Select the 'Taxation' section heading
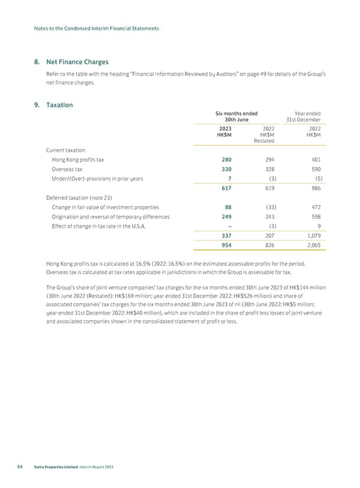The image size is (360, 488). pyautogui.click(x=59, y=105)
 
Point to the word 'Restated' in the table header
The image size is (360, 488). pyautogui.click(x=264, y=141)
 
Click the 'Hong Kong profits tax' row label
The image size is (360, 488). pyautogui.click(x=78, y=160)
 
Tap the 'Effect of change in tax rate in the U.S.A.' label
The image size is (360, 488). pyautogui.click(x=103, y=226)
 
